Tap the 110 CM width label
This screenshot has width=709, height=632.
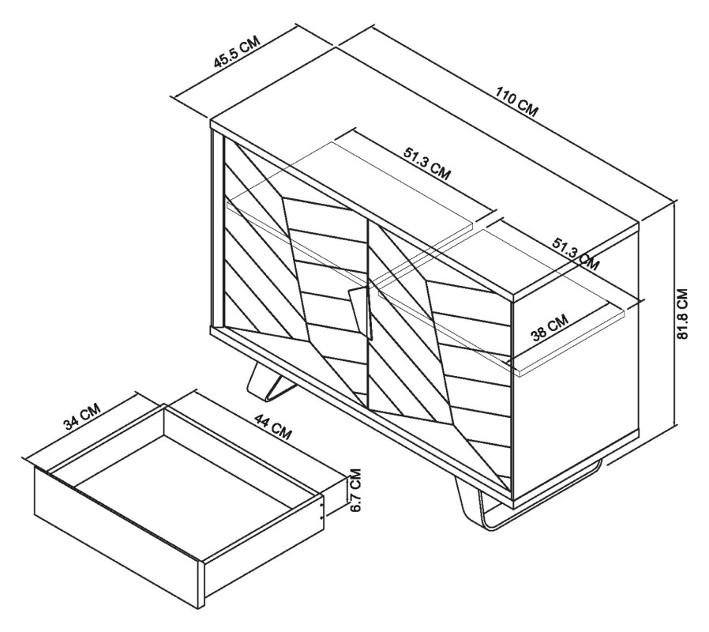point(516,102)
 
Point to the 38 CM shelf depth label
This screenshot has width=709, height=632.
point(549,329)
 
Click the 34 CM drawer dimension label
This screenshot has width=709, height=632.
point(81,416)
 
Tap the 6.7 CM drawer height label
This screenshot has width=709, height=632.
point(355,490)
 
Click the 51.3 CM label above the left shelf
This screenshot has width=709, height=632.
point(427,163)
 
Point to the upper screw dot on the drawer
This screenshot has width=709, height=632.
point(321,502)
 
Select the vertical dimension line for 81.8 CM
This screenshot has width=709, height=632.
point(676,312)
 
